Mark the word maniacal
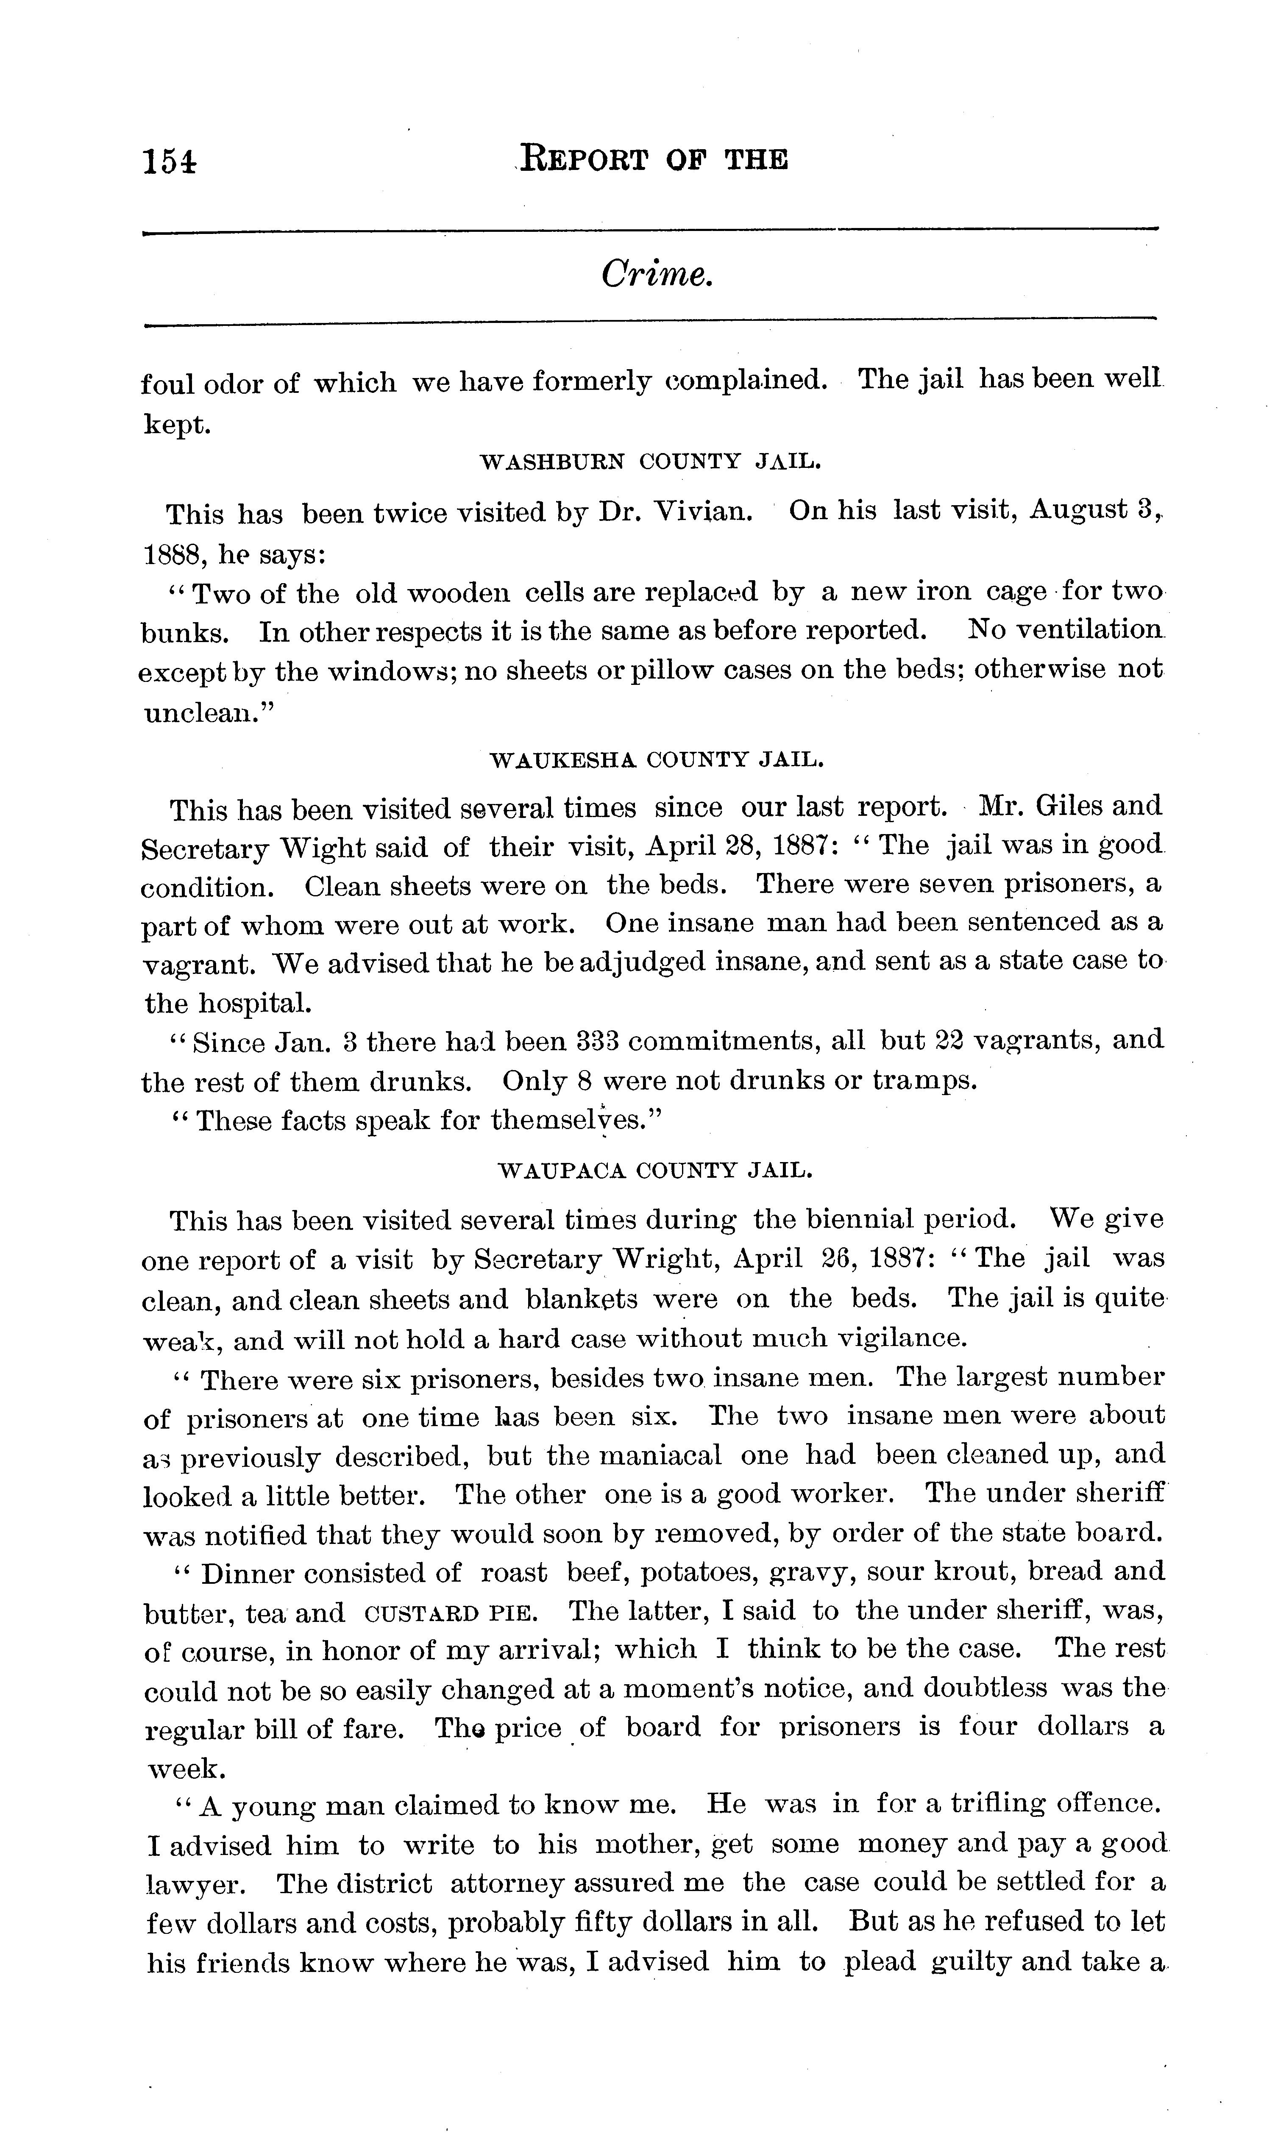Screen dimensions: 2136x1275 660,1455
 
